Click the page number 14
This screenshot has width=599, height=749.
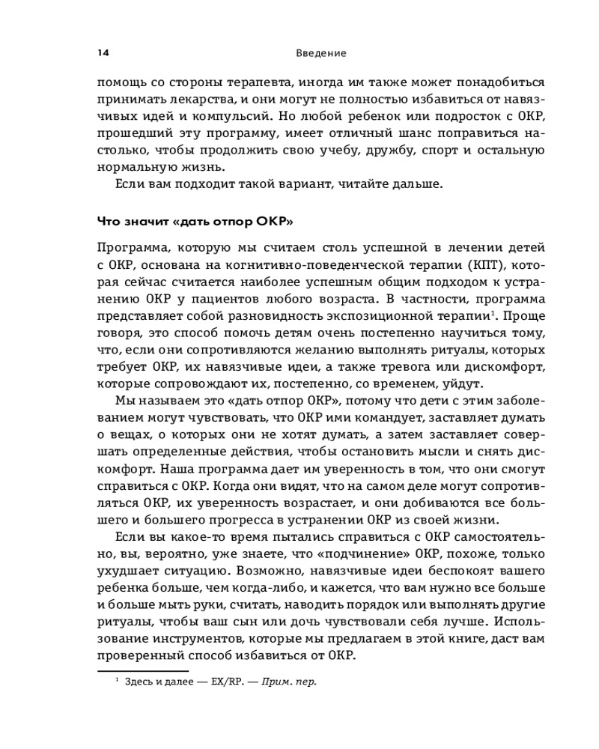103,53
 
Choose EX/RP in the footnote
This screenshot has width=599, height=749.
225,682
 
